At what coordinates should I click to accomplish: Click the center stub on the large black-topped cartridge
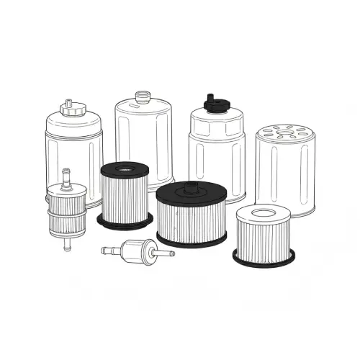(192, 188)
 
